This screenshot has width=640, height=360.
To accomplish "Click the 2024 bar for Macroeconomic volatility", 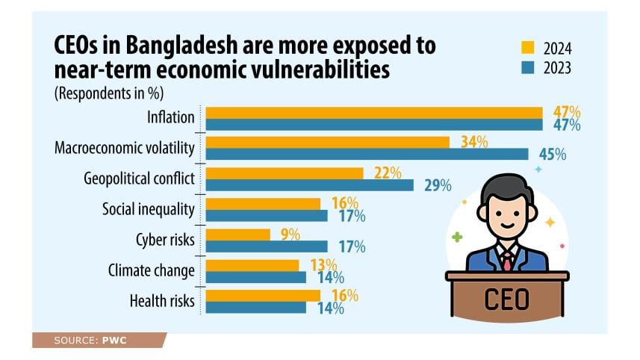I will pyautogui.click(x=327, y=142).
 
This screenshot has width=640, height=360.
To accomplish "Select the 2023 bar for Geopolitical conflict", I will pyautogui.click(x=309, y=185).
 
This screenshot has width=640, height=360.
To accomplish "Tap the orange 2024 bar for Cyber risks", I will pyautogui.click(x=237, y=235).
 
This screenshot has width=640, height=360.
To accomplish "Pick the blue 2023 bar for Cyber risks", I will pyautogui.click(x=266, y=246).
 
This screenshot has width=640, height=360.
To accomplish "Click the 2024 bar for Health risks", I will pyautogui.click(x=263, y=295).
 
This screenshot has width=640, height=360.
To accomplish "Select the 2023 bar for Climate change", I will pyautogui.click(x=255, y=277).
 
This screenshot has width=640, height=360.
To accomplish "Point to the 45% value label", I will pyautogui.click(x=552, y=155).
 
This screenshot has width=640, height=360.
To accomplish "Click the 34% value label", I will pyautogui.click(x=474, y=142).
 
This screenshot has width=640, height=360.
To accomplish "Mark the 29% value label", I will pyautogui.click(x=438, y=185).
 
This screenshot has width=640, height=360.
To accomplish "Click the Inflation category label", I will pyautogui.click(x=172, y=118).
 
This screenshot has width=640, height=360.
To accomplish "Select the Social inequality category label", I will pyautogui.click(x=148, y=210).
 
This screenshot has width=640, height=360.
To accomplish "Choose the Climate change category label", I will pyautogui.click(x=151, y=270).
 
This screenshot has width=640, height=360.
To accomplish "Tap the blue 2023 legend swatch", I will pyautogui.click(x=527, y=67).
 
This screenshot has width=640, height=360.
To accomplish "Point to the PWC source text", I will pyautogui.click(x=111, y=341).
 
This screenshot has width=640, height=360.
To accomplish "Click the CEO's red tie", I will pyautogui.click(x=507, y=260).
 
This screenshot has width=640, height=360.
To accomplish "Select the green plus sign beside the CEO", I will pyautogui.click(x=456, y=238).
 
